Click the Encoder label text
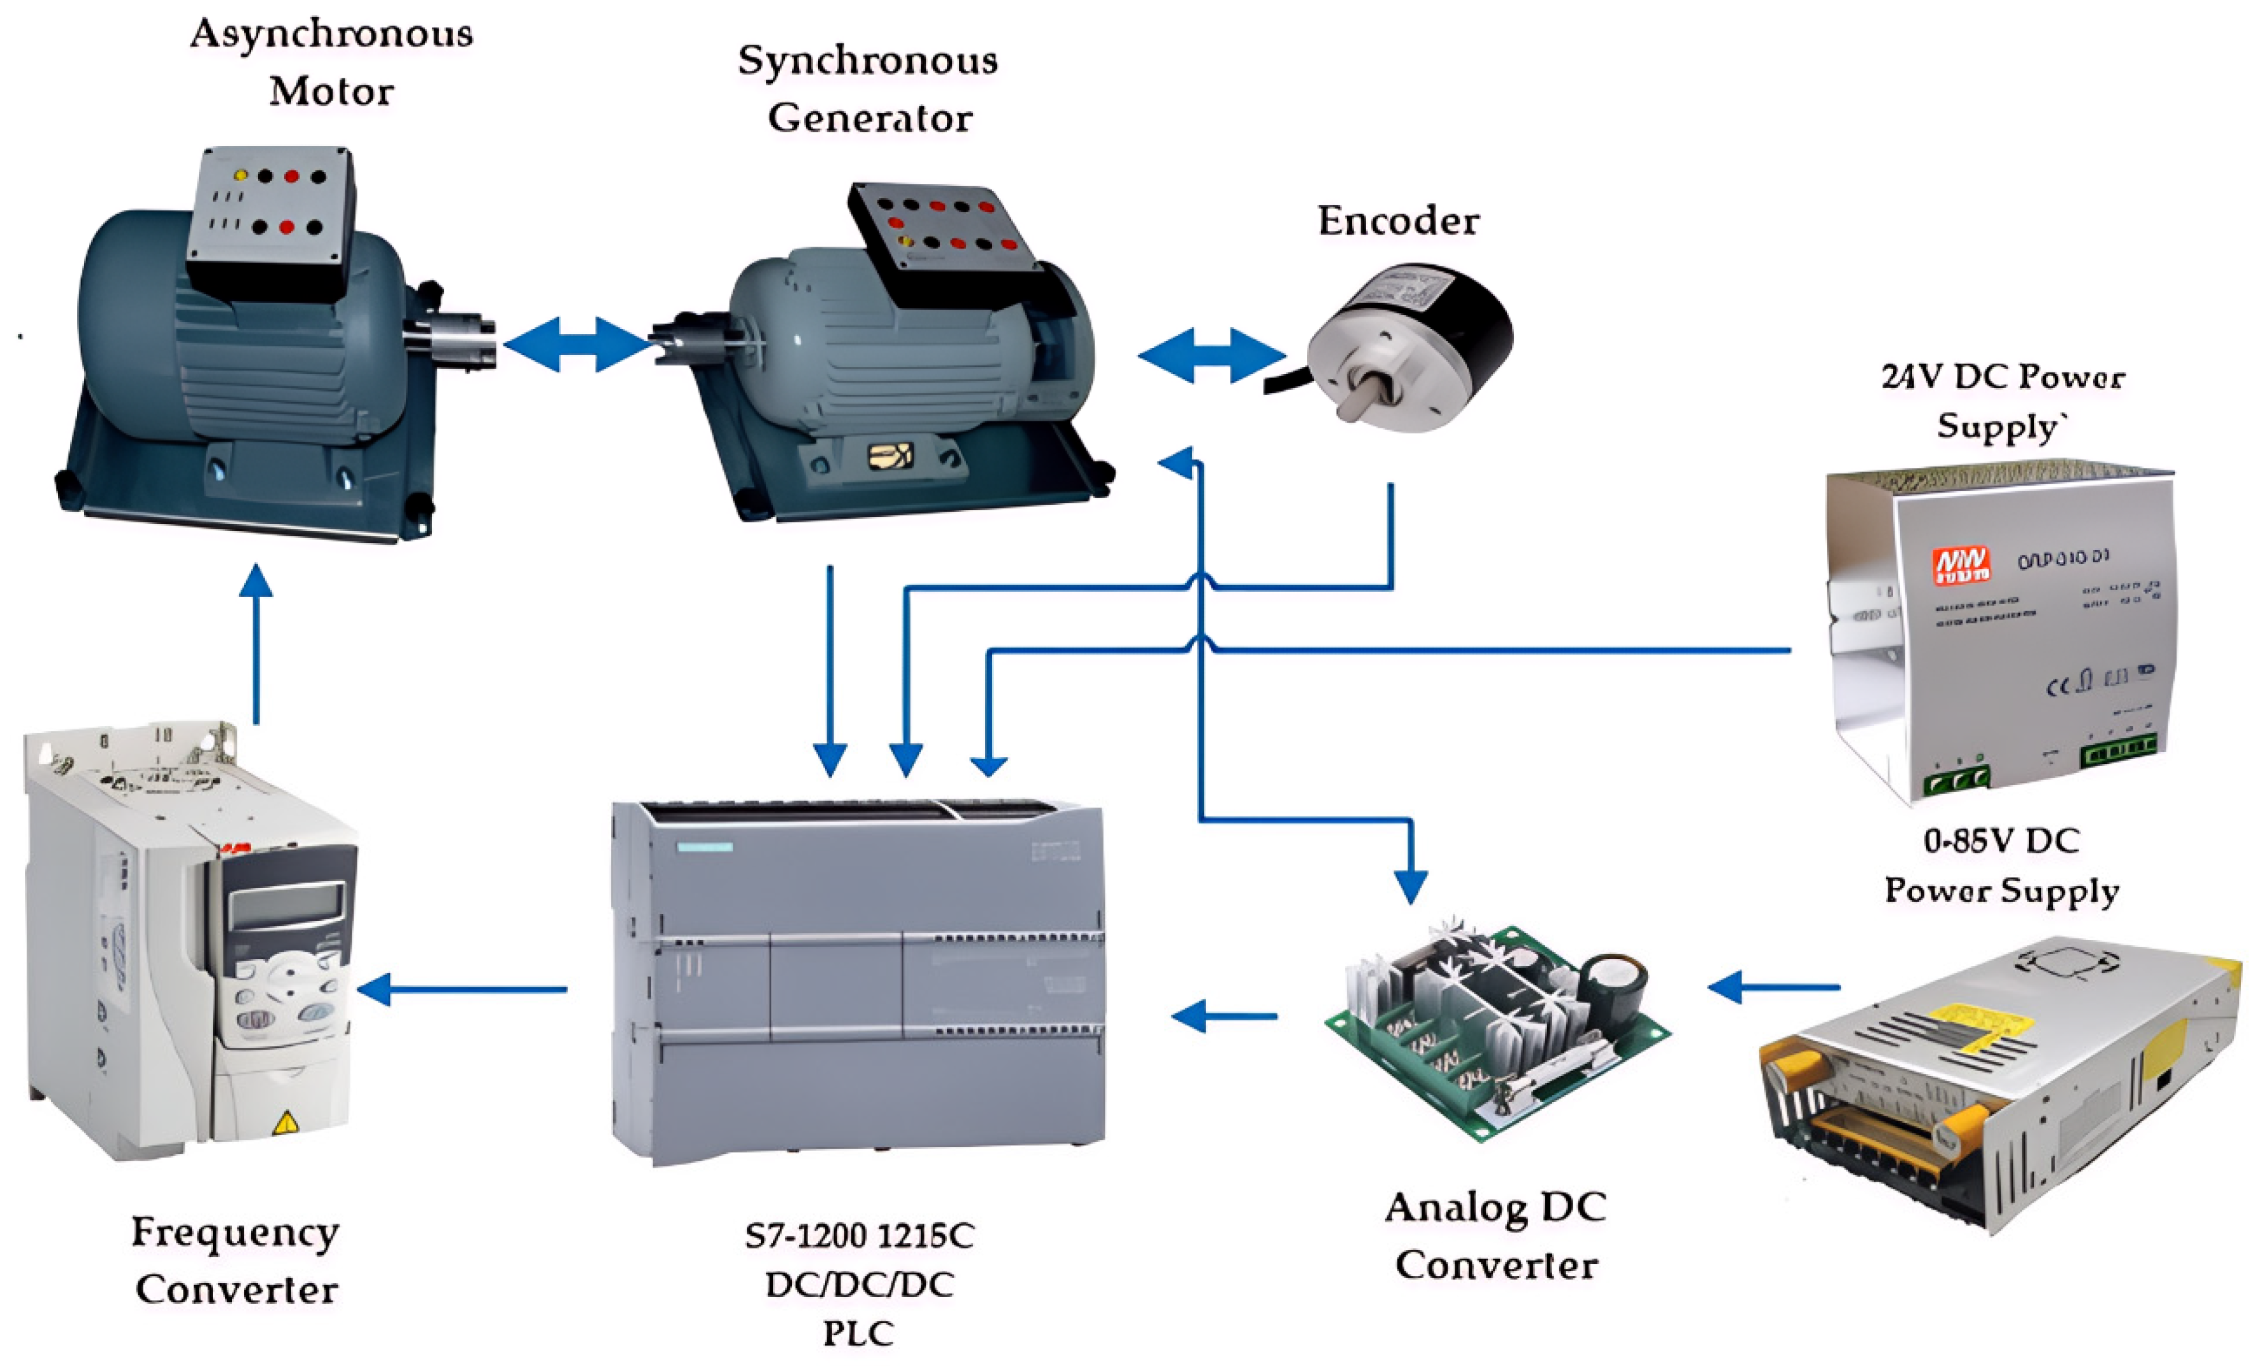(1397, 221)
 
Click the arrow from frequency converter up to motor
(256, 642)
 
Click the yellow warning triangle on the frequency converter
(285, 1122)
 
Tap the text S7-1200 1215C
(858, 1236)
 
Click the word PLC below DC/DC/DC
(858, 1332)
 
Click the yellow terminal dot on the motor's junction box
(240, 175)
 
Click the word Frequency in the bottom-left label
(235, 1232)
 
